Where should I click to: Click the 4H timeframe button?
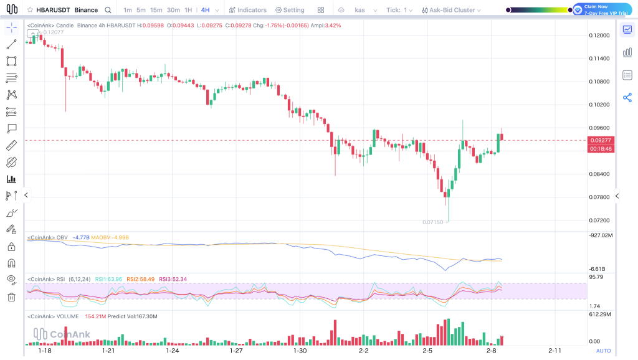point(205,10)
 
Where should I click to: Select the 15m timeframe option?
point(156,10)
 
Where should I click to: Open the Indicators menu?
point(247,10)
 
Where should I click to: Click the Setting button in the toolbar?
point(290,10)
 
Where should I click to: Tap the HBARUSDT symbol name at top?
point(53,10)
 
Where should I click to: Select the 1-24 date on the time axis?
point(173,351)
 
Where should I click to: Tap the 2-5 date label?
point(427,351)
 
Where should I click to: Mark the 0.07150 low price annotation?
point(432,222)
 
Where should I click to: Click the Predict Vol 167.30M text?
point(132,316)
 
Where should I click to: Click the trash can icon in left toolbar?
point(11,297)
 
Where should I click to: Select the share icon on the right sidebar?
point(627,98)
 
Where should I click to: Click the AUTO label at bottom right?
point(603,351)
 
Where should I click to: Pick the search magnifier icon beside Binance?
point(108,10)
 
